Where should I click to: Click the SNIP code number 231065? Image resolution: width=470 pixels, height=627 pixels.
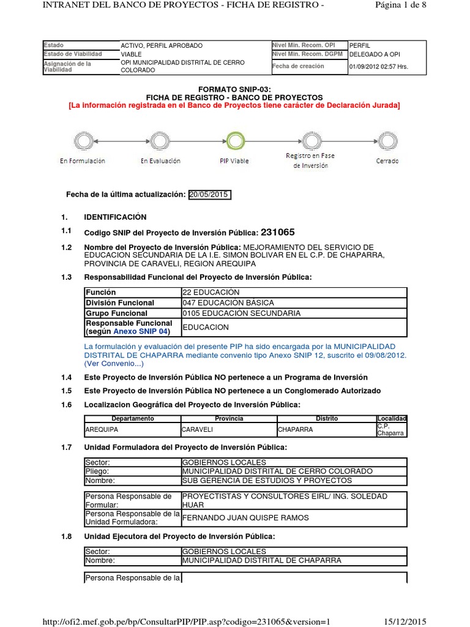point(278,232)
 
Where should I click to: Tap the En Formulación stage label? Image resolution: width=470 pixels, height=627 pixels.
point(83,161)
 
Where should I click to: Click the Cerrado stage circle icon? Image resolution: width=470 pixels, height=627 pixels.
point(387,141)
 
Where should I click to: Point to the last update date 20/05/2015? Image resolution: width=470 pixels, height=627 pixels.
point(209,195)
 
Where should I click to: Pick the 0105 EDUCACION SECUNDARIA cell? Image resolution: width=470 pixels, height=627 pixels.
point(241,313)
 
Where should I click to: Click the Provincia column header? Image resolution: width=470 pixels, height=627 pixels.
point(229,418)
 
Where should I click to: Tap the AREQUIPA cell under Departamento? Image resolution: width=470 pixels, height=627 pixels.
point(102,429)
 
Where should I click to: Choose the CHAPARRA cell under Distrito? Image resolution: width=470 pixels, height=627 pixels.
point(295,429)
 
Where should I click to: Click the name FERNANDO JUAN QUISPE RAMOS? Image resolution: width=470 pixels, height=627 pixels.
point(245,517)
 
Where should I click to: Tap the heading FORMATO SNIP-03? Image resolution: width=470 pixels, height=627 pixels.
point(234,89)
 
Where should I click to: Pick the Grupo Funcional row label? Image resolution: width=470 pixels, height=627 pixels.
point(116,313)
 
